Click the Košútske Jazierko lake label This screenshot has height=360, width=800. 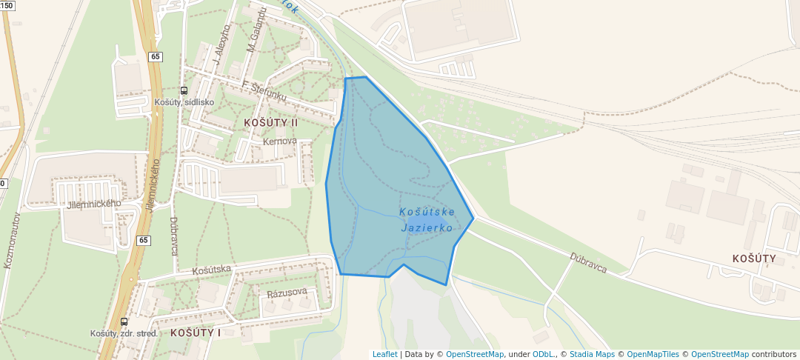427,220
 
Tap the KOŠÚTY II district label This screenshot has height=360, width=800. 270,122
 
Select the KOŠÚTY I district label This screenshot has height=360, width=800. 196,333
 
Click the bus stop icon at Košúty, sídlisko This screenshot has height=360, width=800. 184,90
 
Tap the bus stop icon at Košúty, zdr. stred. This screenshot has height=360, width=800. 124,321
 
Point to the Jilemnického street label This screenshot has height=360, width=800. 93,204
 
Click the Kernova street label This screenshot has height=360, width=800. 279,141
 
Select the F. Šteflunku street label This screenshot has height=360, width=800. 264,91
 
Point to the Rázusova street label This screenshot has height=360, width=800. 287,292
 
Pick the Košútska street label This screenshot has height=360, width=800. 212,270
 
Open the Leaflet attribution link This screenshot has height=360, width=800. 384,355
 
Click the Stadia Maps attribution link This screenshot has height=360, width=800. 592,355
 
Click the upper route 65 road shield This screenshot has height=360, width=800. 154,56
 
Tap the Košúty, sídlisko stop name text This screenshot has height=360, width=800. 184,102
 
